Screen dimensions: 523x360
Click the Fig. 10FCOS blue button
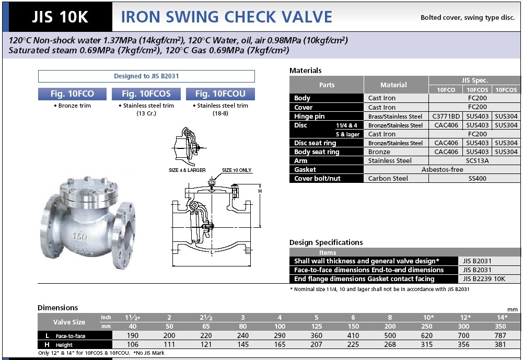coord(146,94)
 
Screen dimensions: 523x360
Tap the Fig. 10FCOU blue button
coord(220,94)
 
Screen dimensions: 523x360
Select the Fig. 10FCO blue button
coord(73,94)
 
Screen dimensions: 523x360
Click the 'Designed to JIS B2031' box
coord(146,76)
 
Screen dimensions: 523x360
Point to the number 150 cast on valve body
coord(80,237)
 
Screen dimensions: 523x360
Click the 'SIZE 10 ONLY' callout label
coord(237,170)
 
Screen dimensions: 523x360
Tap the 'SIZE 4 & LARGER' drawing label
coord(187,170)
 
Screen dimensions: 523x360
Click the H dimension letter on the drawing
coord(260,191)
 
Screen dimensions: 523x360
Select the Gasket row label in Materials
coord(305,169)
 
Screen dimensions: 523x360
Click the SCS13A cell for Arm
coord(478,160)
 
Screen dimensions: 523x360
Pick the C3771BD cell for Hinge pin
coord(446,116)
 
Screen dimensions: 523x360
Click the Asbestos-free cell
coord(443,169)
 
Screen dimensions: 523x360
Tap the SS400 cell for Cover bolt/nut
coord(478,179)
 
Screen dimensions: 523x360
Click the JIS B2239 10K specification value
coord(484,278)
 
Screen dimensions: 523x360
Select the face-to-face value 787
coord(501,335)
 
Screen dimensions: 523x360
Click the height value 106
coord(132,344)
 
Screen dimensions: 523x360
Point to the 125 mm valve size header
coord(317,327)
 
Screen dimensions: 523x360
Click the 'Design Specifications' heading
coord(326,242)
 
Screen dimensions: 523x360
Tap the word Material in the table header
coord(393,85)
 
